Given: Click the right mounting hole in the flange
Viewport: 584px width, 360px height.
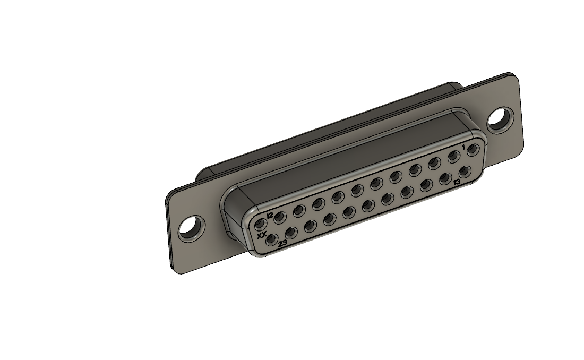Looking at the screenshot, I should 499,119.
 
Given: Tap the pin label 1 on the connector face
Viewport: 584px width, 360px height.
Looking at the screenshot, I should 463,147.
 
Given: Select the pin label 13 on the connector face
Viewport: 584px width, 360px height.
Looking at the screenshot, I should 457,183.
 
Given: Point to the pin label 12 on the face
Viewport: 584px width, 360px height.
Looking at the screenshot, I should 270,216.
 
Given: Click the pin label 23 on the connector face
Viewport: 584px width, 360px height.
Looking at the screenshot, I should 283,243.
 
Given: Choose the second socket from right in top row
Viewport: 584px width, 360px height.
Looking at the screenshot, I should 453,157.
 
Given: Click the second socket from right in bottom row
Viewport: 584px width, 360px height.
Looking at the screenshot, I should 445,178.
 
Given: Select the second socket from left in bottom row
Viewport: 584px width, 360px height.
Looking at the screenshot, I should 291,233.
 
